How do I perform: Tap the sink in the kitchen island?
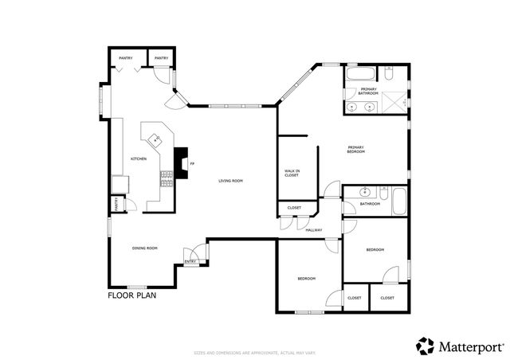(157, 139)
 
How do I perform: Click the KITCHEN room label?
(139, 158)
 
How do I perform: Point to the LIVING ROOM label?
(231, 181)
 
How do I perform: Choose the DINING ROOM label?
(145, 248)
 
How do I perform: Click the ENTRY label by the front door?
(190, 261)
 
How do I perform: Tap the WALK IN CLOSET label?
(292, 173)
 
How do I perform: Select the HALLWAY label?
(314, 229)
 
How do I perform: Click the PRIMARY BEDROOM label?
(355, 149)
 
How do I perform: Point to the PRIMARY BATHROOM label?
(367, 92)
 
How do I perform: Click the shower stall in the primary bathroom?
(394, 101)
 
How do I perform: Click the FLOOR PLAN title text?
(132, 295)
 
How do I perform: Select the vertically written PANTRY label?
(116, 204)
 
